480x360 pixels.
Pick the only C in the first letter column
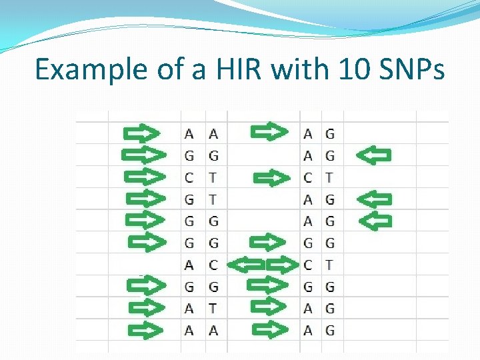(189, 177)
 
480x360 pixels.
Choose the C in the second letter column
(213, 265)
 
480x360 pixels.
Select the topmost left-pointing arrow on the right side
(373, 155)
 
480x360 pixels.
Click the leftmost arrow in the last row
(145, 329)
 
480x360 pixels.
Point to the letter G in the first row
(330, 133)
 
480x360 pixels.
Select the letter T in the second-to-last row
(213, 308)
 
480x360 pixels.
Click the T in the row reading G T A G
(213, 199)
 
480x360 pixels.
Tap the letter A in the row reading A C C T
(189, 265)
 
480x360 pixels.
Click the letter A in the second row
(307, 155)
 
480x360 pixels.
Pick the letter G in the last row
(330, 329)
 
